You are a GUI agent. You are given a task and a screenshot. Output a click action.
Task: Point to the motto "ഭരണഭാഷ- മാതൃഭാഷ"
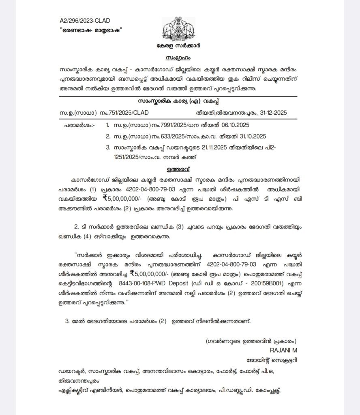click(91, 30)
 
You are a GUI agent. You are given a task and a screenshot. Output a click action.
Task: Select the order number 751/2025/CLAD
click(135, 113)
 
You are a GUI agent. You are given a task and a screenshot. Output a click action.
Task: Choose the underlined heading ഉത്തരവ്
click(179, 168)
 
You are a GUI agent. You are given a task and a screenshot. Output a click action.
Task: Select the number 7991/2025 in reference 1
click(152, 126)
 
